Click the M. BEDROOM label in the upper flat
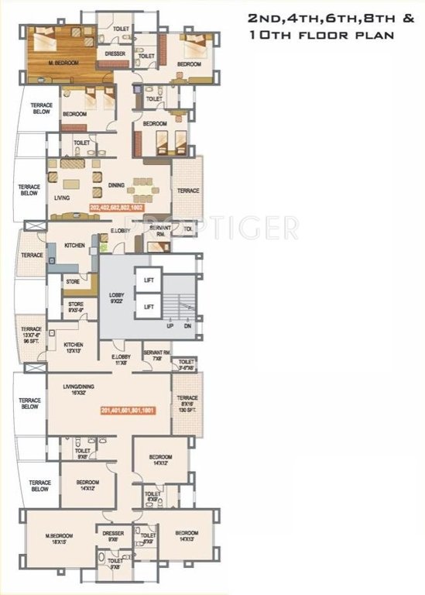(64, 63)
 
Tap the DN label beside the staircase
(186, 326)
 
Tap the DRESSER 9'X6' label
(109, 537)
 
